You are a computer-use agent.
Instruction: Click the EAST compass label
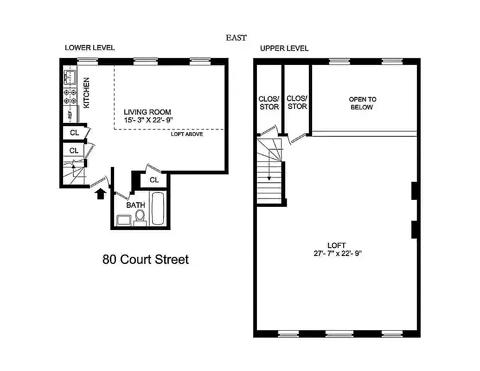pos(236,38)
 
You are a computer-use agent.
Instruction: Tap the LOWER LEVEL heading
pos(90,48)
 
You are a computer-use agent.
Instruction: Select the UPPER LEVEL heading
pos(284,48)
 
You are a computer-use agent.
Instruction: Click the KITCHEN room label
pos(87,93)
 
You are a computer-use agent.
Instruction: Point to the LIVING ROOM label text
pos(147,112)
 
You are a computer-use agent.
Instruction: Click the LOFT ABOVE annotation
pos(187,134)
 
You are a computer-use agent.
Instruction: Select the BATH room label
pos(135,205)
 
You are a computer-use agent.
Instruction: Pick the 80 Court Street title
pos(145,259)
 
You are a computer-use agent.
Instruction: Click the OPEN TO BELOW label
pos(362,103)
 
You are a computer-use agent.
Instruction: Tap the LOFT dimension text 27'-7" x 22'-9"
pos(336,253)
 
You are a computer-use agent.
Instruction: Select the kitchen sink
pos(70,77)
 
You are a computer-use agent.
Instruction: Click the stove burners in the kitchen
pos(70,96)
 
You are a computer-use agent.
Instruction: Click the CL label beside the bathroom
pos(154,180)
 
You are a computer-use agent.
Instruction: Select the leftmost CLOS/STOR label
pos(269,103)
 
